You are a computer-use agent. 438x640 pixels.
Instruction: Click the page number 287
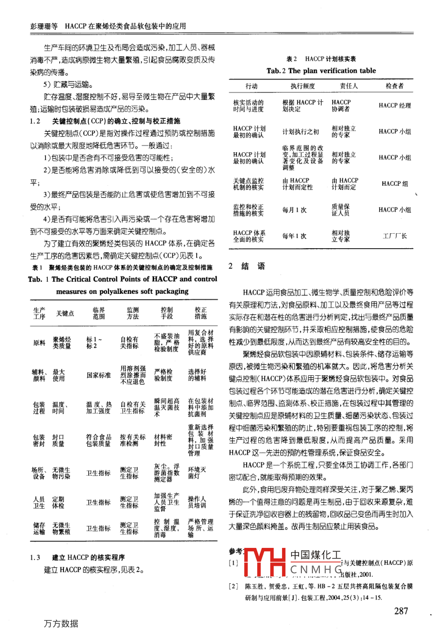pyautogui.click(x=401, y=611)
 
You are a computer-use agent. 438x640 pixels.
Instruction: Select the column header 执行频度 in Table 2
pyautogui.click(x=302, y=86)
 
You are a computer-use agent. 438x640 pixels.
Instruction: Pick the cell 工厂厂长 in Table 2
pyautogui.click(x=395, y=236)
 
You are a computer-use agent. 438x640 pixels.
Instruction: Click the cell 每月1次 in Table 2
pyautogui.click(x=294, y=210)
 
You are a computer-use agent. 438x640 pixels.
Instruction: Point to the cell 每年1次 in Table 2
pyautogui.click(x=294, y=236)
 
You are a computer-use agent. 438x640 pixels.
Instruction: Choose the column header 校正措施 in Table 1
pyautogui.click(x=201, y=313)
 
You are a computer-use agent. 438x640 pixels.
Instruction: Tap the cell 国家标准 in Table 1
pyautogui.click(x=98, y=375)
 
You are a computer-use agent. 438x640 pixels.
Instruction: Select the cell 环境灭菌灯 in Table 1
pyautogui.click(x=197, y=473)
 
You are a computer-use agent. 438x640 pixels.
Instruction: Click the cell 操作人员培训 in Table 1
pyautogui.click(x=197, y=502)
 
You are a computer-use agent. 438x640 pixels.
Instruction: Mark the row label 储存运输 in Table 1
pyautogui.click(x=39, y=528)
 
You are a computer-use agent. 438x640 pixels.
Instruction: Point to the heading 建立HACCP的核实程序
pyautogui.click(x=88, y=558)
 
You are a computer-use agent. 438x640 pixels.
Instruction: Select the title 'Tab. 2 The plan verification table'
pyautogui.click(x=321, y=71)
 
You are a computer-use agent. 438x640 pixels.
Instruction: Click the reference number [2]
pyautogui.click(x=234, y=586)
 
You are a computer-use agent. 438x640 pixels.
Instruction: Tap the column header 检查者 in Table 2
pyautogui.click(x=394, y=86)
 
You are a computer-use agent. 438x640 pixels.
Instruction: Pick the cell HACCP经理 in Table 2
pyautogui.click(x=394, y=105)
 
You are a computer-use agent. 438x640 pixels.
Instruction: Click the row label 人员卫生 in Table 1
pyautogui.click(x=39, y=502)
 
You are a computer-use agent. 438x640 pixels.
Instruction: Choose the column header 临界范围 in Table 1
pyautogui.click(x=98, y=313)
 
